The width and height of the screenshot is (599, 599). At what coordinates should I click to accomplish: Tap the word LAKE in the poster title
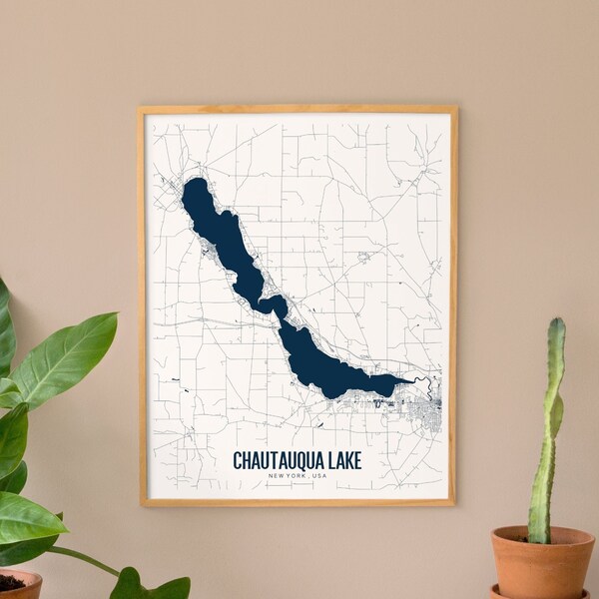point(341,460)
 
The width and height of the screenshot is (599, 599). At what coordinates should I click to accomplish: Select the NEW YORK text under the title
point(288,475)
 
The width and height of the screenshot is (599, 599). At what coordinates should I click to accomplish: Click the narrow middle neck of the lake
point(271,303)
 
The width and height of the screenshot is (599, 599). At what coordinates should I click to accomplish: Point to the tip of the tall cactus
point(556,323)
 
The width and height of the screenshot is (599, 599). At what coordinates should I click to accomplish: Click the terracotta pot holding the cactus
point(542,565)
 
